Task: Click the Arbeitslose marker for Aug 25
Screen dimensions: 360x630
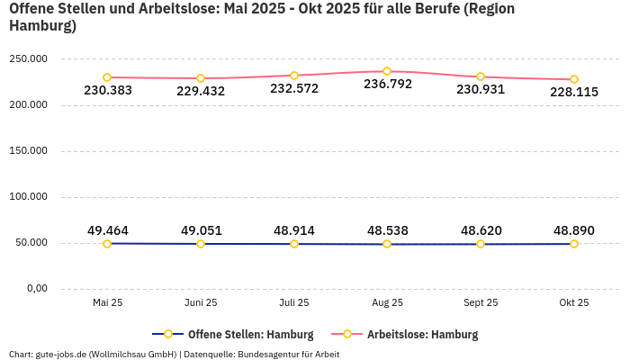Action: click(387, 71)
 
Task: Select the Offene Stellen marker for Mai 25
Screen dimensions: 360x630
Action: click(107, 243)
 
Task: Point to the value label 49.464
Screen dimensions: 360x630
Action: click(107, 230)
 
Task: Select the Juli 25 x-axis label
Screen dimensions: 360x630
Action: click(293, 303)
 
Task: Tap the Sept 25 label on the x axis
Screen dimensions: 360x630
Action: click(481, 303)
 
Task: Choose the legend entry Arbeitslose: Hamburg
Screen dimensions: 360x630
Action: click(422, 334)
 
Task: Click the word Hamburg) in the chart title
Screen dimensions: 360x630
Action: click(42, 26)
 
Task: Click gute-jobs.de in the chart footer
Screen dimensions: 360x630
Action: click(61, 354)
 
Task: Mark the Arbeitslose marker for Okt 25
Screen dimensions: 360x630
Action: click(574, 79)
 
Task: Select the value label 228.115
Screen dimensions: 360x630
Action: click(574, 92)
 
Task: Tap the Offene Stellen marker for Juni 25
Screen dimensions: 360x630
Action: click(201, 244)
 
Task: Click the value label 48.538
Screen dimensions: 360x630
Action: click(387, 230)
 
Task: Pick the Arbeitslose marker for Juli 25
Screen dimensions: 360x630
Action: click(293, 76)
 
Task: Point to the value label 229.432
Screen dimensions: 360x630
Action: click(201, 91)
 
